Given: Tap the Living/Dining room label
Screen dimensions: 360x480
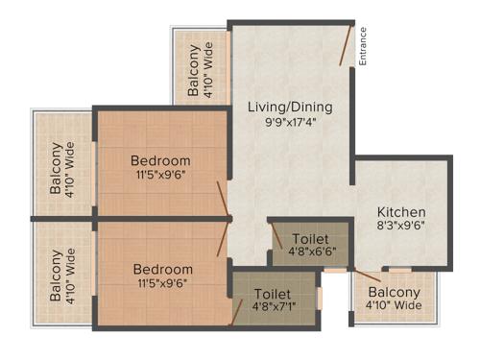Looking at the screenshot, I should point(288,106).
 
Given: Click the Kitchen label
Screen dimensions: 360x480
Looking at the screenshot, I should point(401,211).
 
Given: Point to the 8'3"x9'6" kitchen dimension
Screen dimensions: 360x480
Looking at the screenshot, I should point(401,226).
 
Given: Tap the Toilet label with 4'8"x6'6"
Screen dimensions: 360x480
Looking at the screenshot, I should point(308,238).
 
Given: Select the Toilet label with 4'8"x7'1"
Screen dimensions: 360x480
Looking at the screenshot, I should point(273,293).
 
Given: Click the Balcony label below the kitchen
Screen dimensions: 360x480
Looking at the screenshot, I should point(394,292).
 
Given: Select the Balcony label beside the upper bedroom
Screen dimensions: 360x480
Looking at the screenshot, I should point(55,168).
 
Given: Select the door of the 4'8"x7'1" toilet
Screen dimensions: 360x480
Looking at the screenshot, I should point(236,312).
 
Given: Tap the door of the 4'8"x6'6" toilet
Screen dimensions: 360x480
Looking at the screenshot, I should point(276,235).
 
